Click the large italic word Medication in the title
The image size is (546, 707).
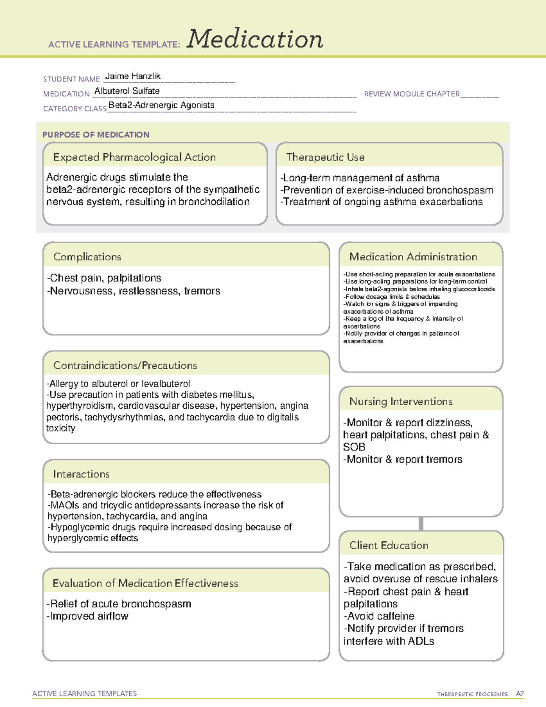pos(254,39)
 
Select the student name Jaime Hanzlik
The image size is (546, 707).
pos(132,76)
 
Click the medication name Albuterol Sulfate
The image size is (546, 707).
pos(127,91)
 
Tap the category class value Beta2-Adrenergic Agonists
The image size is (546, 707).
pos(161,105)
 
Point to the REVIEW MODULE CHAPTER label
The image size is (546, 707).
pos(412,94)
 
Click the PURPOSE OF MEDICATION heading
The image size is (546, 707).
pos(96,135)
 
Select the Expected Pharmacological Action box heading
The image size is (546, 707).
pos(134,157)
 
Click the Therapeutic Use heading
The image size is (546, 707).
pos(325,157)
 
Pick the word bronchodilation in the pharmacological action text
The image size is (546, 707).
pos(214,202)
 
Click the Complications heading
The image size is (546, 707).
pos(87,257)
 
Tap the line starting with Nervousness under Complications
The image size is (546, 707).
pos(134,291)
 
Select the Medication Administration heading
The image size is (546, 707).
pos(413,257)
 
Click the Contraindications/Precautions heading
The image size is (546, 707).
pos(125,365)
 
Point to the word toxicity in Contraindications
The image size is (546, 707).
pos(61,428)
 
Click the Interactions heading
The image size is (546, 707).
pos(81,474)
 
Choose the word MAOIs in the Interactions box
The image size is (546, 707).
pos(65,505)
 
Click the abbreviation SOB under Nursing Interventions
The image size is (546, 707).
pos(354,447)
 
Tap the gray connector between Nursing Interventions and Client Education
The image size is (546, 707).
pos(421,524)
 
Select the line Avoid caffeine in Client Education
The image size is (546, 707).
pos(379,616)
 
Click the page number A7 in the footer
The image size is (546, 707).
pos(519,694)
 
